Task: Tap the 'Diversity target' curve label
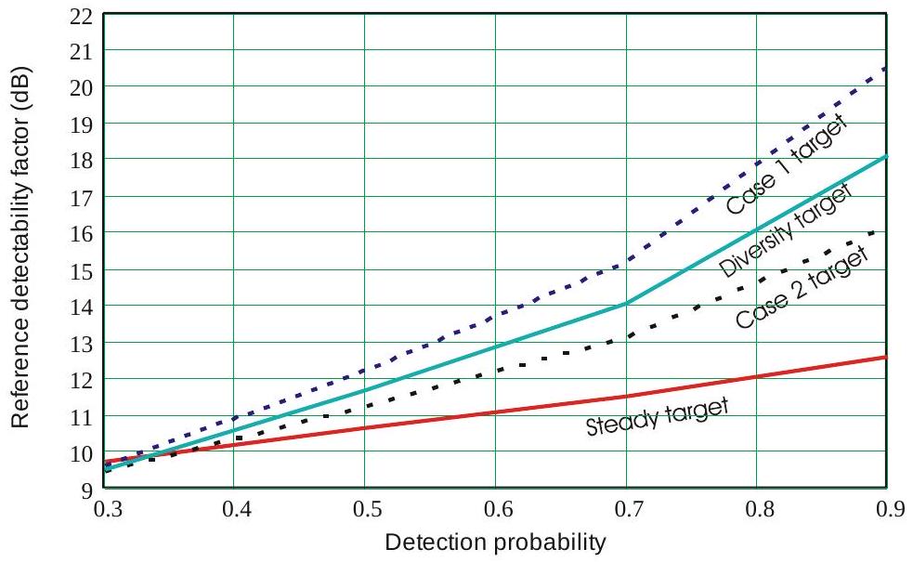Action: (x=786, y=230)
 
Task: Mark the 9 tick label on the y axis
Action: (x=85, y=490)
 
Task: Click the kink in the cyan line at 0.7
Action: (x=627, y=303)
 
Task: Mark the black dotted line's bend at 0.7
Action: (x=627, y=337)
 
